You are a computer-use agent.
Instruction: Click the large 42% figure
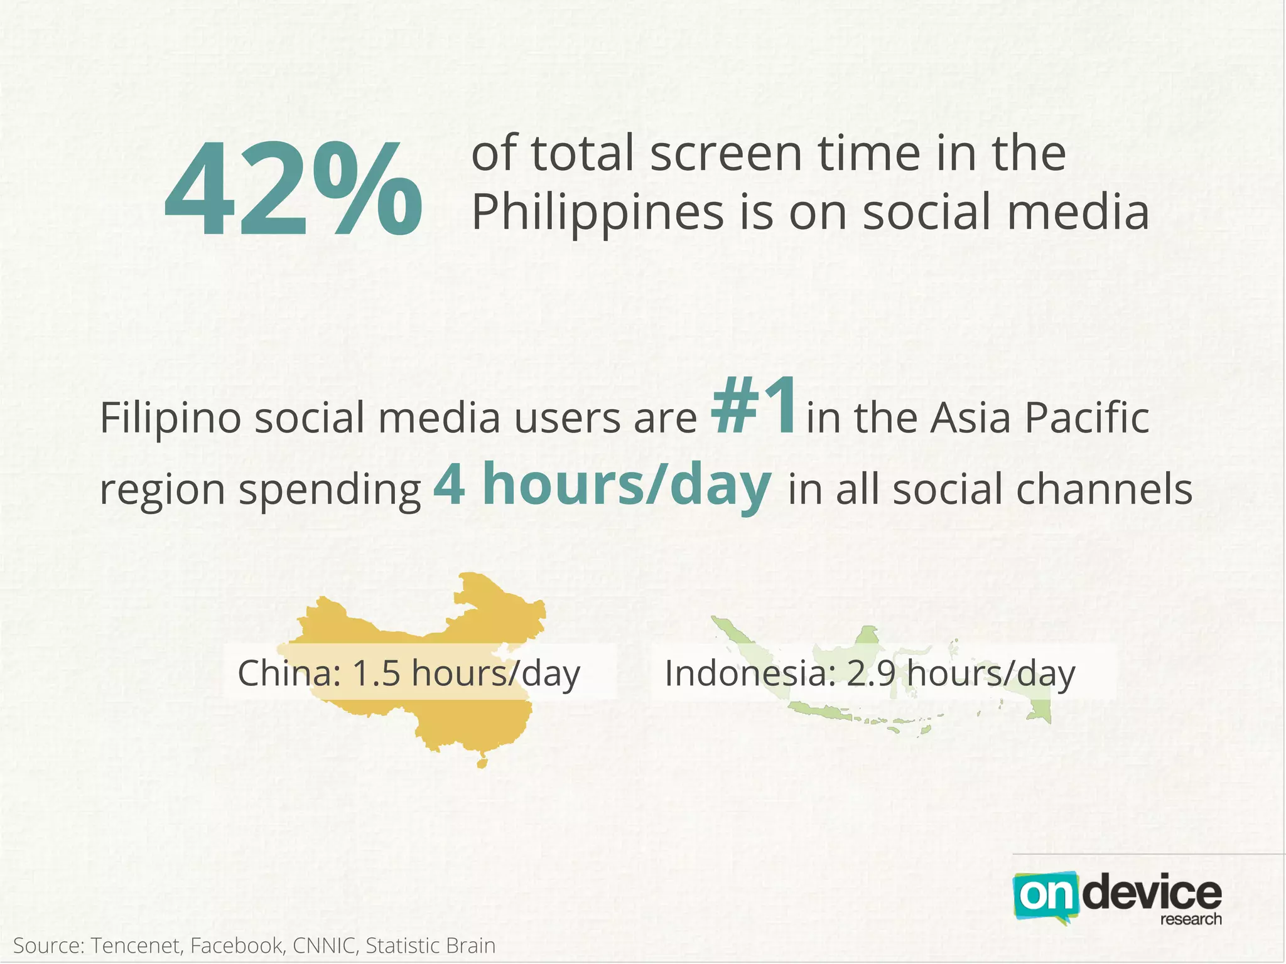click(x=293, y=190)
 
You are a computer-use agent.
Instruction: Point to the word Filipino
click(x=170, y=419)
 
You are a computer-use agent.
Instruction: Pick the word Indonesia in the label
click(x=743, y=673)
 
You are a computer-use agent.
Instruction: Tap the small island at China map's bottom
click(x=482, y=763)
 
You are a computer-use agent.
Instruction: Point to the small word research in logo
click(x=1191, y=919)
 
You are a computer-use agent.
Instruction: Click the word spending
click(x=330, y=491)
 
